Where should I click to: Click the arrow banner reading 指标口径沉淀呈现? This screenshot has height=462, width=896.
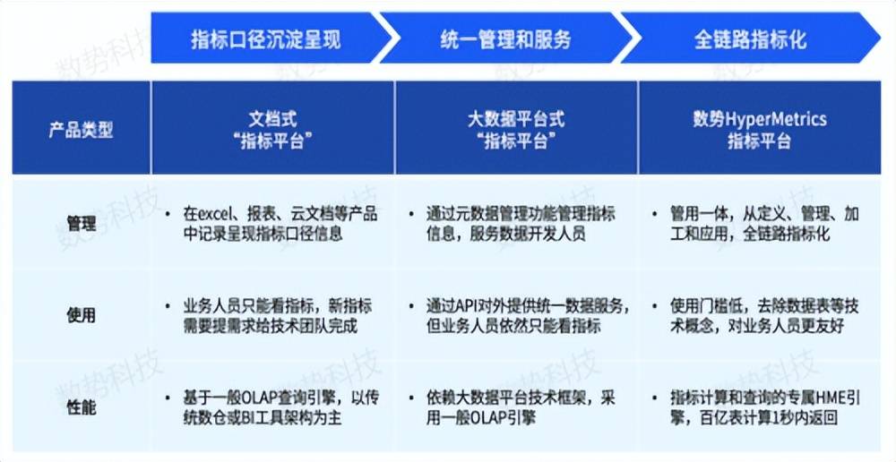point(266,38)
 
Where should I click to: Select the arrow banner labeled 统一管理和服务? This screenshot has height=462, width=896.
point(505,38)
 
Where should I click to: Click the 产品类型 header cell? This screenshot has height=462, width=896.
point(82,128)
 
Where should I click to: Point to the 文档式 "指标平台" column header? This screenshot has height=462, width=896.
point(272,128)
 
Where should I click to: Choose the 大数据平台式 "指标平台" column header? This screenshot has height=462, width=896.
point(516,128)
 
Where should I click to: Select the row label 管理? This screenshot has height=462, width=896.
point(82,223)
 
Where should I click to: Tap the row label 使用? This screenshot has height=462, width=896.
point(82,314)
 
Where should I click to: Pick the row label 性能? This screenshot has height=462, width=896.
point(82,407)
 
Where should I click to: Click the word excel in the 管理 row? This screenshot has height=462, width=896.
point(215,214)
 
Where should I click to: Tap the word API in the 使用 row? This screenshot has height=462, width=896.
point(464,306)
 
